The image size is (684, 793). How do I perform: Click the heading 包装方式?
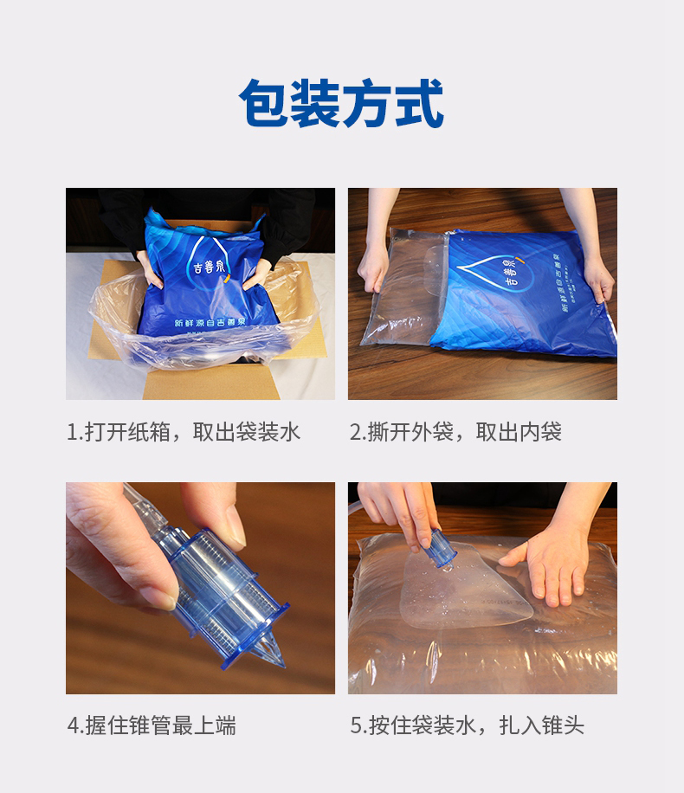[x=341, y=103]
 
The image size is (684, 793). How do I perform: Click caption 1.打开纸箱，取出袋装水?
[x=184, y=432]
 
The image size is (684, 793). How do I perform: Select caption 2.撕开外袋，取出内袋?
[x=455, y=432]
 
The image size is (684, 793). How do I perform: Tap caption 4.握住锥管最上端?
[x=152, y=725]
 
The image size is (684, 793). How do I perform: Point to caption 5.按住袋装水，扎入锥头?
[x=467, y=725]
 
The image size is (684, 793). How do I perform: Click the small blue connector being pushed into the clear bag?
[x=442, y=547]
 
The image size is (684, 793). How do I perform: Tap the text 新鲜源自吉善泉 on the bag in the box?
[x=209, y=322]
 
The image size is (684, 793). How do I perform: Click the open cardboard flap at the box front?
[x=211, y=385]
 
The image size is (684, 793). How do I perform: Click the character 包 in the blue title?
[x=264, y=104]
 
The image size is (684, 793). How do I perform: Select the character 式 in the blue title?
[x=419, y=104]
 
